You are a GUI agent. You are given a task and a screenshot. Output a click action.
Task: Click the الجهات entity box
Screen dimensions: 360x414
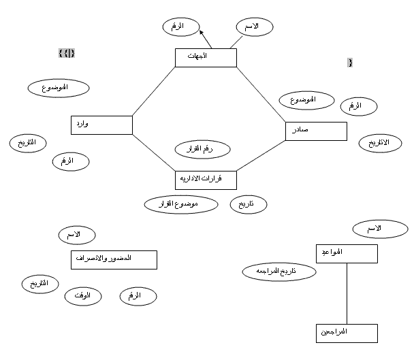tap(206, 59)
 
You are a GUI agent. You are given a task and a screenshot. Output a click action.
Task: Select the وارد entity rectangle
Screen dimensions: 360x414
tap(101, 125)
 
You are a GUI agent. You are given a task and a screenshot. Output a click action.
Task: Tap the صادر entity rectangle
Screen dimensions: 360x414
tap(316, 131)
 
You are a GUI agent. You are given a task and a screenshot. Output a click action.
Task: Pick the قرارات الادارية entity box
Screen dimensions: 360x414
tap(205, 180)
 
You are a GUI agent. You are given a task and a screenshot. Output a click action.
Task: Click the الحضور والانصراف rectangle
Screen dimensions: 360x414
tap(114, 259)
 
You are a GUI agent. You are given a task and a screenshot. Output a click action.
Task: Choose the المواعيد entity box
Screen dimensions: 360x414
tap(347, 253)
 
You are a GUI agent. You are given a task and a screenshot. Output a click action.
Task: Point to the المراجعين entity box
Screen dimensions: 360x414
tap(347, 333)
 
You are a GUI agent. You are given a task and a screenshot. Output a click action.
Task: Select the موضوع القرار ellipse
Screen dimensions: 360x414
tap(181, 204)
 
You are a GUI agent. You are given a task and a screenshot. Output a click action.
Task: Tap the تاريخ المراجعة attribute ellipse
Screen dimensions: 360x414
tap(278, 272)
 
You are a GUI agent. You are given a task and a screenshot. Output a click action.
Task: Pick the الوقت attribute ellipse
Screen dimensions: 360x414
tap(82, 296)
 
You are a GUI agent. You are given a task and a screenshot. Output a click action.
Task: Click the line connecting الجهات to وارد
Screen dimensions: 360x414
tap(153, 91)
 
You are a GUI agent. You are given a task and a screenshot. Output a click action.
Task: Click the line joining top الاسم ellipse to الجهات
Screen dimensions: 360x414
tap(238, 41)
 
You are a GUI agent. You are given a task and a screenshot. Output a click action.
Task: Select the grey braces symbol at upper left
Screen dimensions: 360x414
tap(66, 52)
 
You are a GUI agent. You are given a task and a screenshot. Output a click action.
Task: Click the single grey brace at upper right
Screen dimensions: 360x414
tap(350, 62)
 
